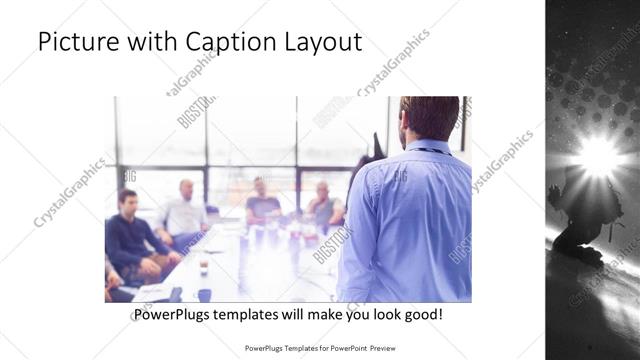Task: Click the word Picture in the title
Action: (x=79, y=43)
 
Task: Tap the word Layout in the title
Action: (x=318, y=43)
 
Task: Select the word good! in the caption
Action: (x=421, y=315)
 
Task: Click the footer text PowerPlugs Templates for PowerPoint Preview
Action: (x=320, y=349)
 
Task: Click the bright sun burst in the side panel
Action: (x=598, y=155)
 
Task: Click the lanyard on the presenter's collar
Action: (x=426, y=151)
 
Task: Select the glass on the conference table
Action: (x=203, y=266)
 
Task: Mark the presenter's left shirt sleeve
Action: (x=358, y=240)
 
